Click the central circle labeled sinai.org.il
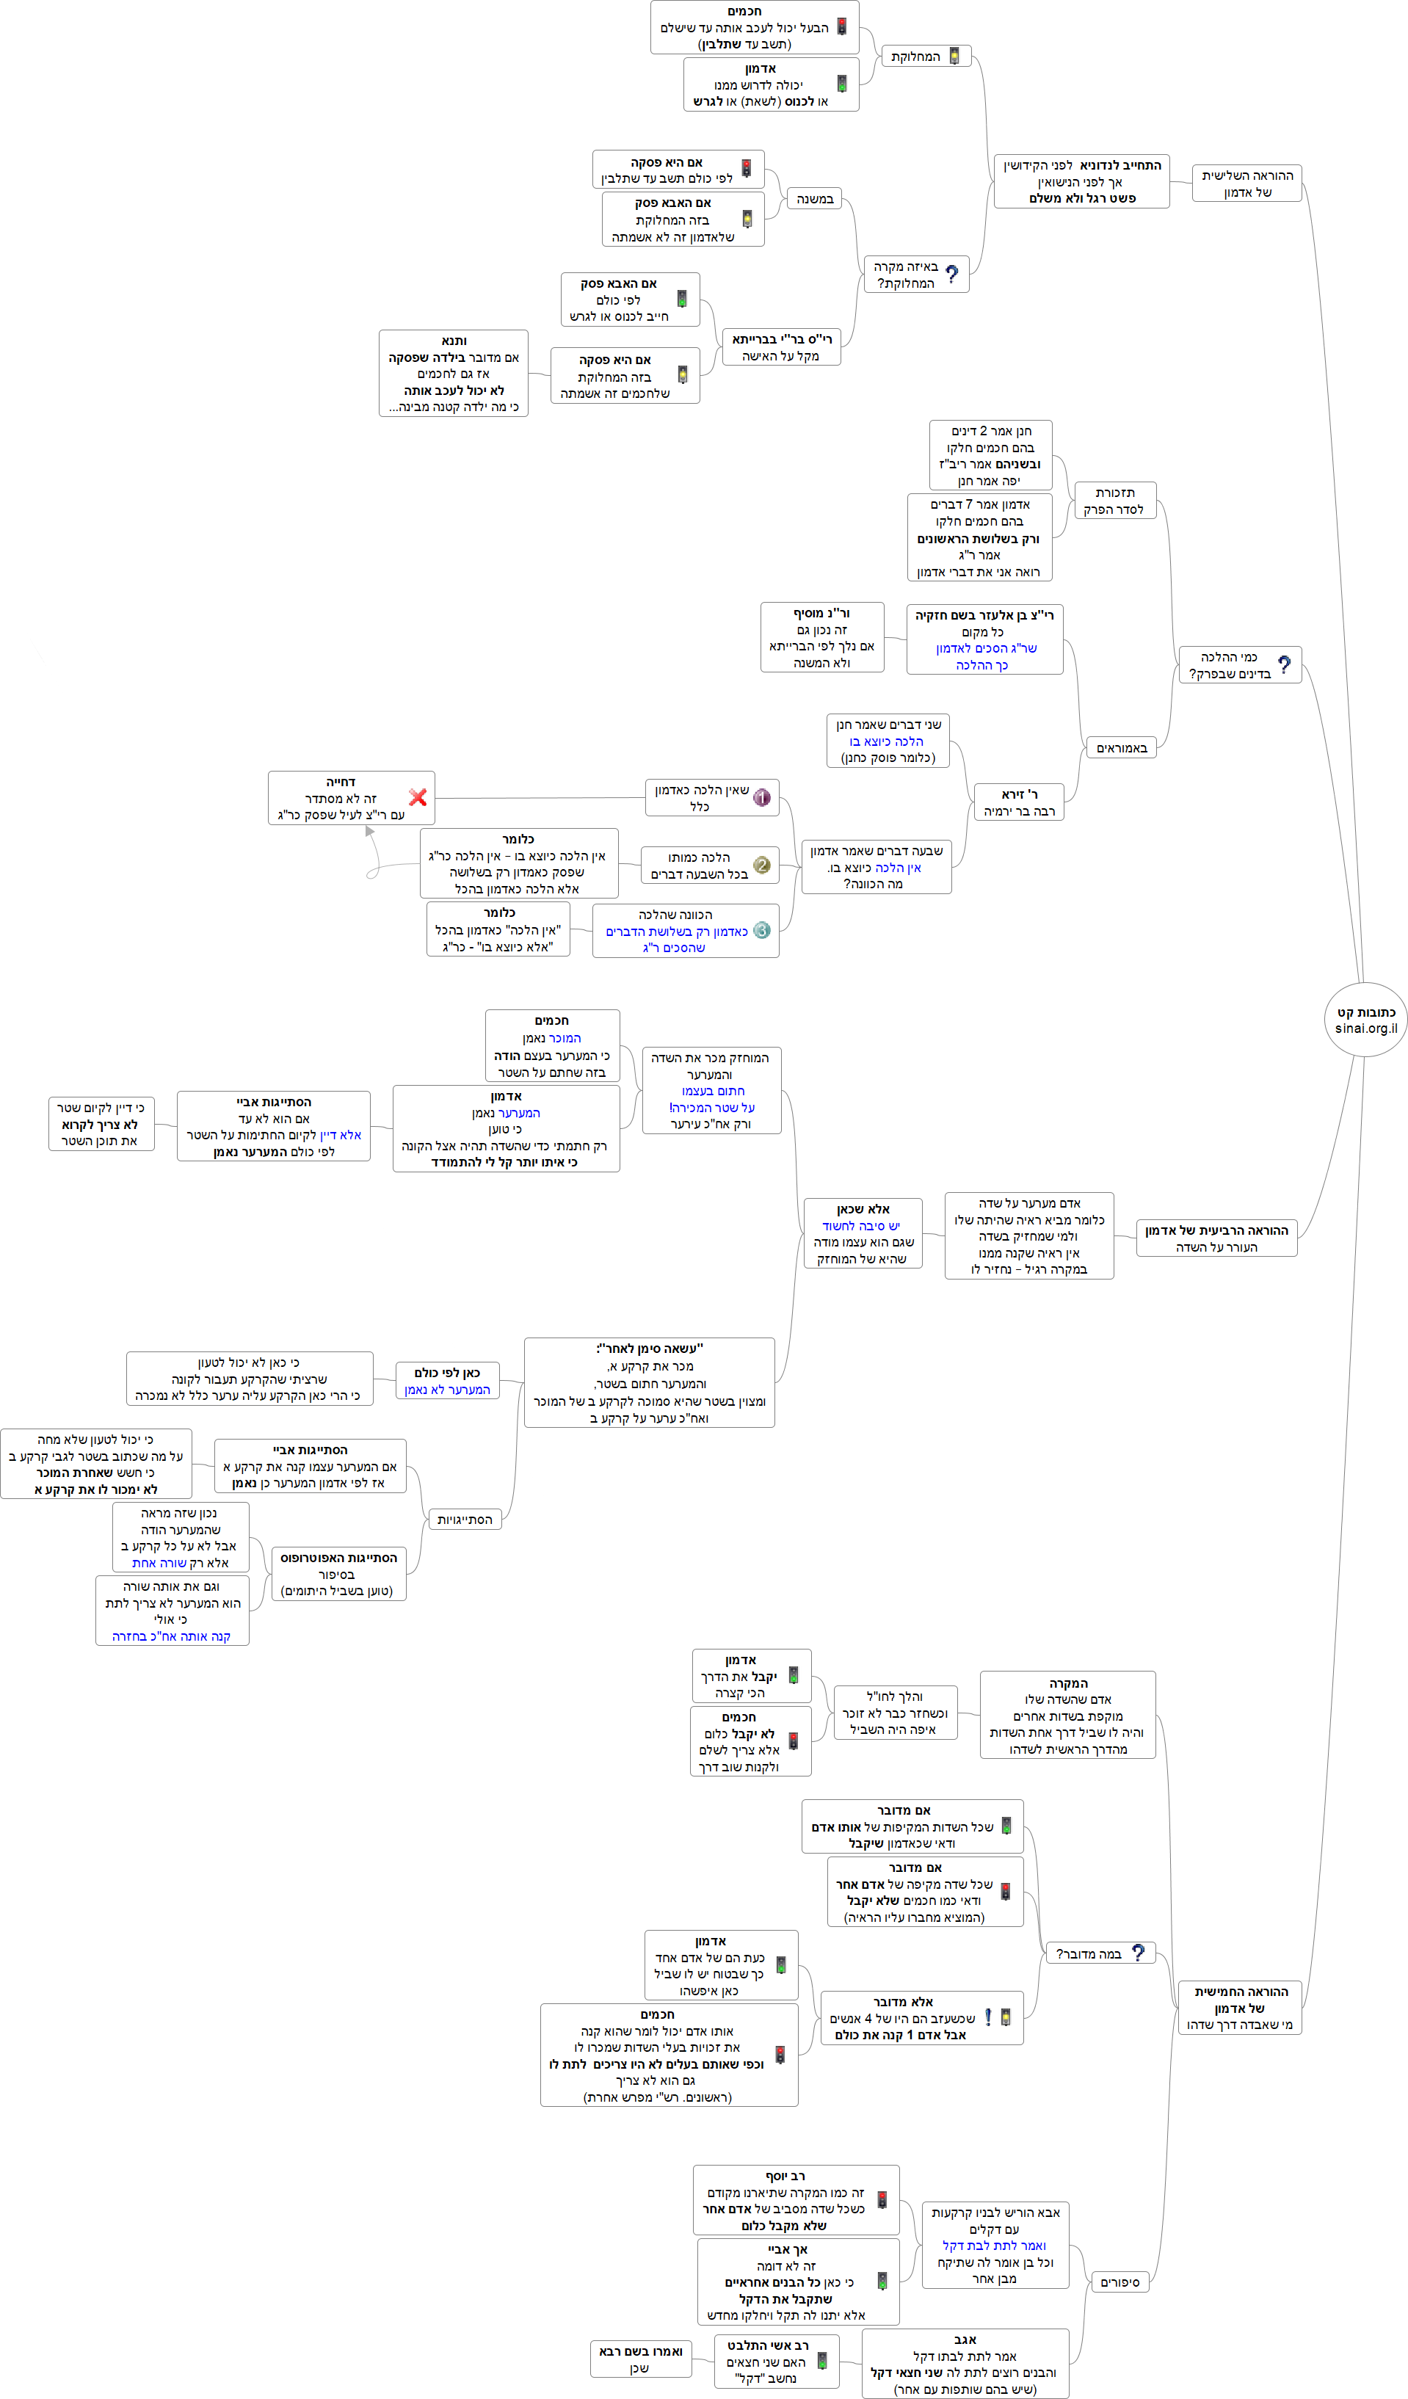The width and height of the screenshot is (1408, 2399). [1365, 1020]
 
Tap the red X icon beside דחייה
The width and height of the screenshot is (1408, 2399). [417, 798]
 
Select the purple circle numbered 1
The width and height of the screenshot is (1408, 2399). [761, 798]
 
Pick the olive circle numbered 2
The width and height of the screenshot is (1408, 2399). [761, 865]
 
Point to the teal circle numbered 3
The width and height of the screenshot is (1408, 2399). [761, 930]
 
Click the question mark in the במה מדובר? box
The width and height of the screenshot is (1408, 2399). [1138, 1953]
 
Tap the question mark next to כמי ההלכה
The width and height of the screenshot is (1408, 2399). [1284, 664]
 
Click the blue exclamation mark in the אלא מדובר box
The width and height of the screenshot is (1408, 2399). [987, 2017]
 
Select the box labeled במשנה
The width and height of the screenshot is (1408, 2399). [814, 199]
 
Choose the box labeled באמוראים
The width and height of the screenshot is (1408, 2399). [1122, 748]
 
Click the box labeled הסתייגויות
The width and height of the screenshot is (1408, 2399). [465, 1520]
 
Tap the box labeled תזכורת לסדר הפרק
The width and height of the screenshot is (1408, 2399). [1115, 501]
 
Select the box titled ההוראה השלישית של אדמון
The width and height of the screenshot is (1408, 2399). [1247, 184]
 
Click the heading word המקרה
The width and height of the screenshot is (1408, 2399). [1068, 1683]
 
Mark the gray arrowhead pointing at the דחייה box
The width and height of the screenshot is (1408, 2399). [369, 831]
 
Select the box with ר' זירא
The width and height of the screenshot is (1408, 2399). [1019, 802]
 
